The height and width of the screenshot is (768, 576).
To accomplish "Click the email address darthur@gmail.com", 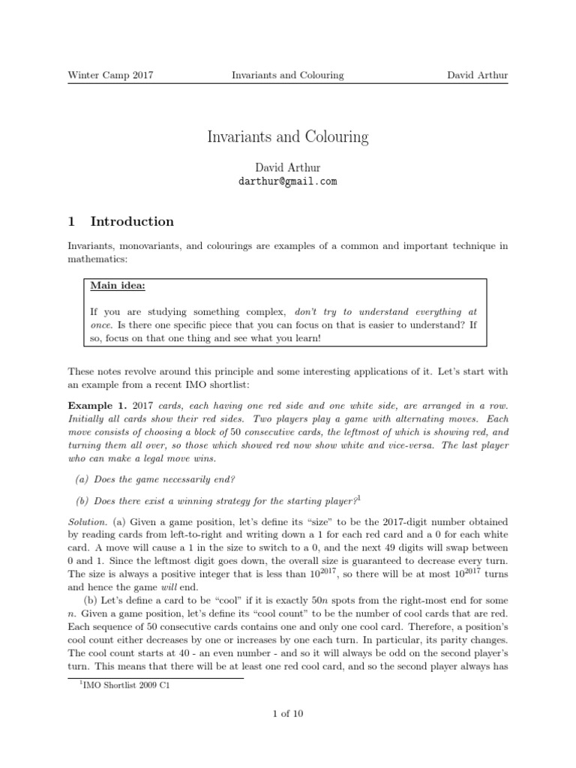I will click(x=288, y=181).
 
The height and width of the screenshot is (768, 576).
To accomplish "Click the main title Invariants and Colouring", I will click(x=288, y=137).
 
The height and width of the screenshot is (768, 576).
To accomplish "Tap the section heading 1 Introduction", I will click(x=121, y=221).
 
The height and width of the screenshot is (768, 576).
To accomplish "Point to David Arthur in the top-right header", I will click(x=477, y=75).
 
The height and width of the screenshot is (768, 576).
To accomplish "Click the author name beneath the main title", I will click(x=288, y=166).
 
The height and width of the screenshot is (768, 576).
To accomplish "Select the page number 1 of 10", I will click(x=288, y=713).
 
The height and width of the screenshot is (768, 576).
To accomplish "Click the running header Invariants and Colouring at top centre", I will click(x=288, y=75).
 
